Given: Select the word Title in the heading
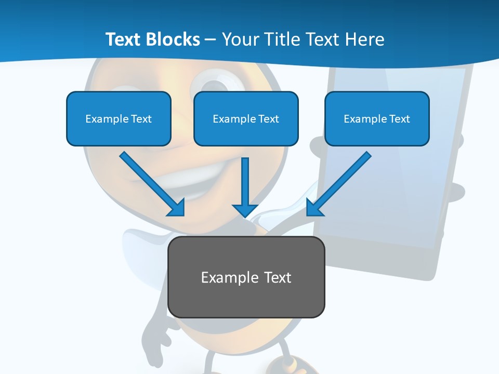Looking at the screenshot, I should [x=281, y=39].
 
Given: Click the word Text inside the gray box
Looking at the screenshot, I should [x=278, y=277].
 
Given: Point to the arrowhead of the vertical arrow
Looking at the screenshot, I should [x=245, y=210].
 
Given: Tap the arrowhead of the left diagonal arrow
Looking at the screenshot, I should [x=177, y=208].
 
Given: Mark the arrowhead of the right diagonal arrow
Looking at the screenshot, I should [x=314, y=208].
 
